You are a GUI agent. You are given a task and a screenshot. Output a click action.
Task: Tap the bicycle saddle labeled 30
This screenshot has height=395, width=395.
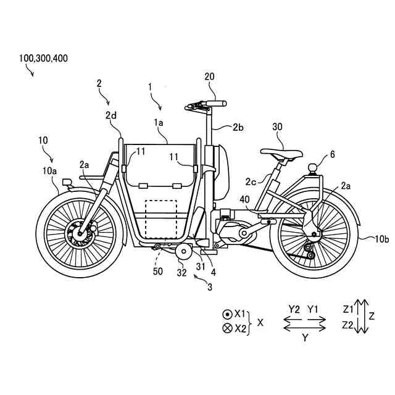pos(281,153)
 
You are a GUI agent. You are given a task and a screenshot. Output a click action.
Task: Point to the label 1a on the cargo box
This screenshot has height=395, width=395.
pos(158,123)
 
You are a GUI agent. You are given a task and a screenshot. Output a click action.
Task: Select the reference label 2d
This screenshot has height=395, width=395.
pos(110,115)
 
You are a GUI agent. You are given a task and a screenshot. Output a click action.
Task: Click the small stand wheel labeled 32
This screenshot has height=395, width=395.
pos(183,253)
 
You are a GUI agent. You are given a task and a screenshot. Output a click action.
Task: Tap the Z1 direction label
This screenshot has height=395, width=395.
pos(347,308)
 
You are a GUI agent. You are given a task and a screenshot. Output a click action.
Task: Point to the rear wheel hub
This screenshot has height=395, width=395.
pos(314,233)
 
